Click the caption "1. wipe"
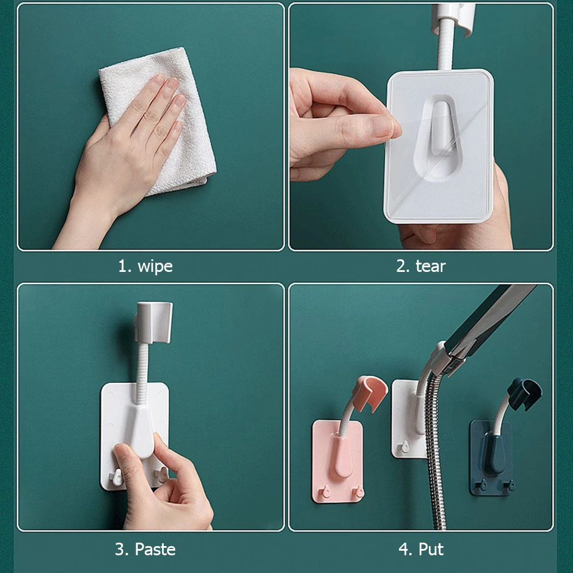(145, 266)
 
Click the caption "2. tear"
(421, 266)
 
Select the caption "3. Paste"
(145, 550)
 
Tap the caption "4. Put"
(421, 550)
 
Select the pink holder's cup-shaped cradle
(369, 392)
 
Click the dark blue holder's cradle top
(524, 389)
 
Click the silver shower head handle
(492, 321)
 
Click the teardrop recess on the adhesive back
(441, 137)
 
